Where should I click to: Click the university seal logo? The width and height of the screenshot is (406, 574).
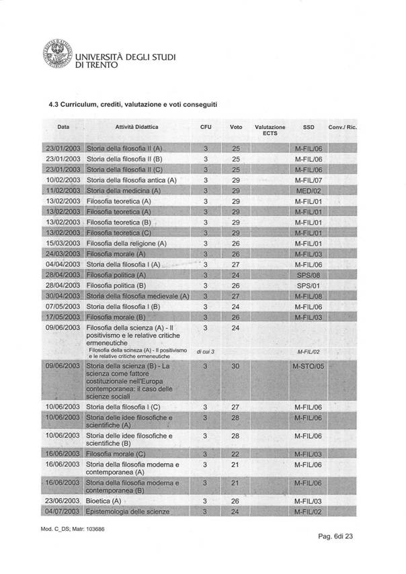point(56,58)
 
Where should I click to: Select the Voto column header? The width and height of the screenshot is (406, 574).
point(236,127)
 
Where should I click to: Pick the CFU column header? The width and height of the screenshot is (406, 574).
point(206,127)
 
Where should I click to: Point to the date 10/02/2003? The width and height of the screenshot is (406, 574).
point(63,180)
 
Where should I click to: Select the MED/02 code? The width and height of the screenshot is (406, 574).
point(310,191)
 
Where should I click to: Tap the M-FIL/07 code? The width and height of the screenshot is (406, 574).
point(310,180)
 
